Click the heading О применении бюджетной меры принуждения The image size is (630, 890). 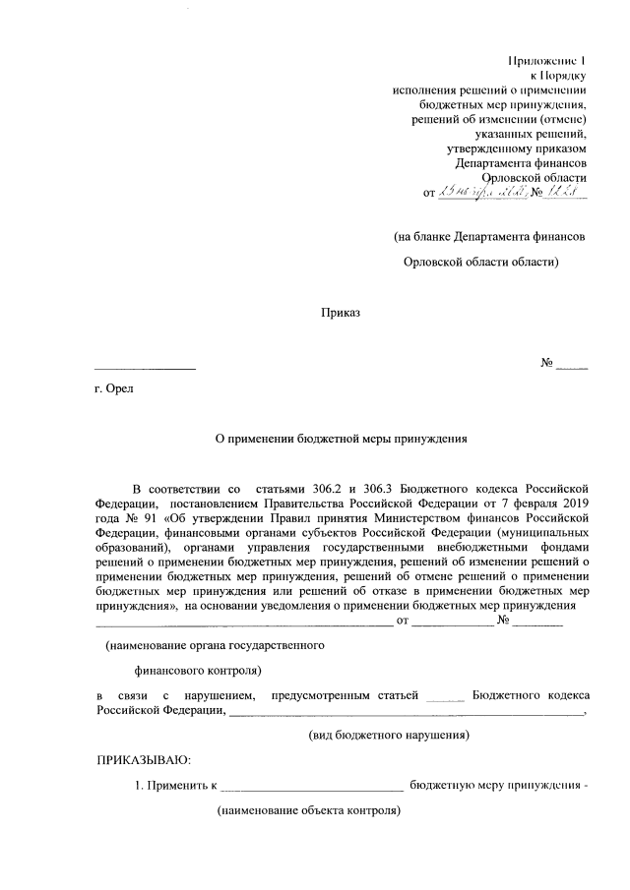(x=341, y=441)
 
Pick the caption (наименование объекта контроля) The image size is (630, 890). (x=309, y=813)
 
